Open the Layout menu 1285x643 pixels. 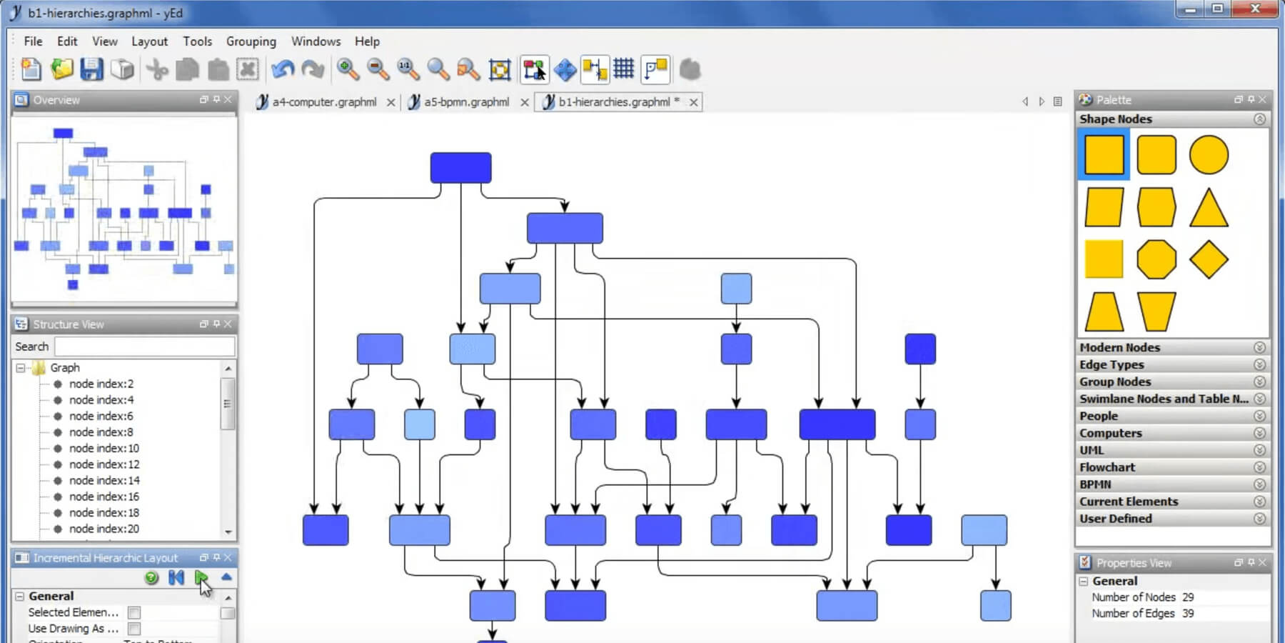pyautogui.click(x=149, y=41)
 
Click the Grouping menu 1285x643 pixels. pyautogui.click(x=251, y=41)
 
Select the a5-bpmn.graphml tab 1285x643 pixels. pyautogui.click(x=466, y=102)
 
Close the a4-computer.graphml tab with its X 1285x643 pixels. pyautogui.click(x=390, y=102)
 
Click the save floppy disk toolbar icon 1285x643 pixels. pyautogui.click(x=91, y=69)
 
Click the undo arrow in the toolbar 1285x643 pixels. pyautogui.click(x=283, y=69)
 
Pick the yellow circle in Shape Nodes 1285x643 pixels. pyautogui.click(x=1208, y=155)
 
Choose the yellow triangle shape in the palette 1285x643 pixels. pyautogui.click(x=1208, y=209)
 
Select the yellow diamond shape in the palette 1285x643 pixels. pyautogui.click(x=1208, y=259)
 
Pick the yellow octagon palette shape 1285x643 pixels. pyautogui.click(x=1156, y=259)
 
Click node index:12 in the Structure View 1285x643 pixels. pyautogui.click(x=104, y=464)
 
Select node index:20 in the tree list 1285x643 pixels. pyautogui.click(x=104, y=529)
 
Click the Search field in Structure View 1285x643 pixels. pyautogui.click(x=144, y=347)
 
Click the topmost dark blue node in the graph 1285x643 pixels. pyautogui.click(x=460, y=168)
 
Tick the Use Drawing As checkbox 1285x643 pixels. pyautogui.click(x=133, y=629)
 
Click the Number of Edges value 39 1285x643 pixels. pyautogui.click(x=1187, y=613)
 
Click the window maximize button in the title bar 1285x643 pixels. pyautogui.click(x=1218, y=9)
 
